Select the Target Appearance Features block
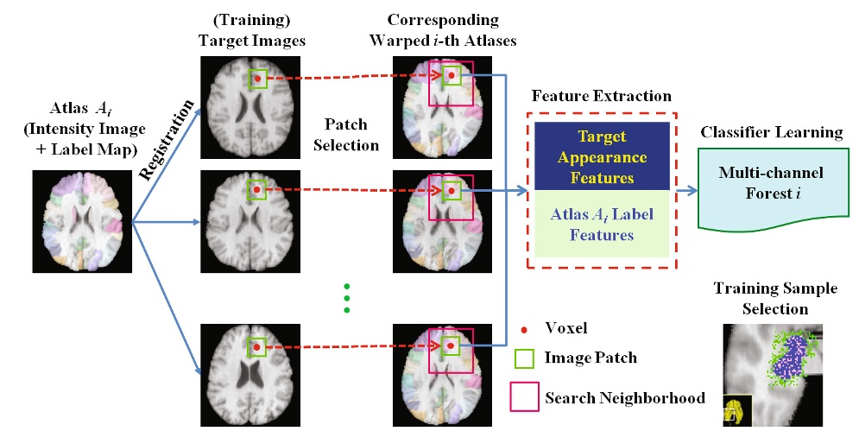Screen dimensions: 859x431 pos(602,156)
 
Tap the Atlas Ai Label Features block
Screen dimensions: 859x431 pos(602,224)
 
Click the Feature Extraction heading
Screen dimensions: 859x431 pos(602,97)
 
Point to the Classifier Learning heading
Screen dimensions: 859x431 pos(771,132)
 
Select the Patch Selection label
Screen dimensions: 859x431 pos(346,135)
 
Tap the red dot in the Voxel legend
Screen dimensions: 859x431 pos(524,330)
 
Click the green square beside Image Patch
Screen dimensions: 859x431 pos(524,358)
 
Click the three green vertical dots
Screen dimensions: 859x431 pos(346,298)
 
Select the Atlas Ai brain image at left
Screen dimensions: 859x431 pos(82,221)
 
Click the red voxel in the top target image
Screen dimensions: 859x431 pos(257,79)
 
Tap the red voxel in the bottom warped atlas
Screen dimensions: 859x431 pos(451,346)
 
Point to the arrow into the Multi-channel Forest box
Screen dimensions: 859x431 pos(687,190)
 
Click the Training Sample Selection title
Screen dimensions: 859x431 pos(775,298)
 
